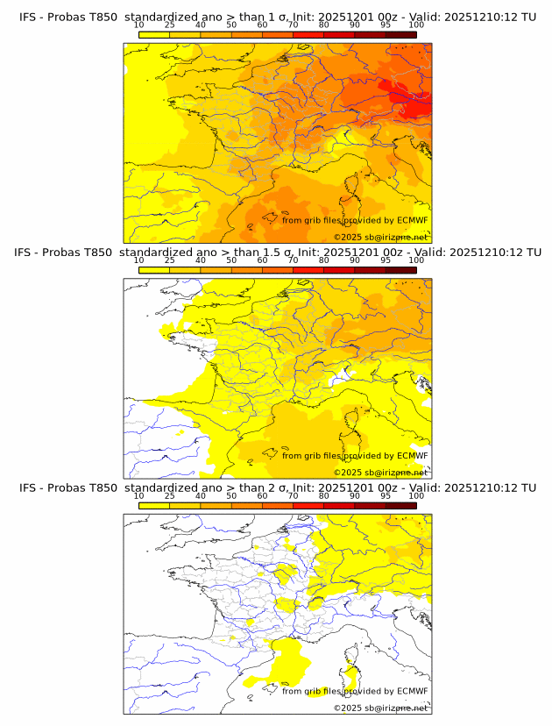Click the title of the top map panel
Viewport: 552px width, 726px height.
tap(277, 16)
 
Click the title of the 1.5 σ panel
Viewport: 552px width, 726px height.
tap(277, 252)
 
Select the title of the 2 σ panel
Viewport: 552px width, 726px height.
tap(277, 488)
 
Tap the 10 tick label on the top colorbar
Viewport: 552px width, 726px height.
tap(139, 25)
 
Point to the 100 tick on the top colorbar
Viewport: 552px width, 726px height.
tap(416, 25)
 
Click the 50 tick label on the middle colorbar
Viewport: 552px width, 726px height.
tap(231, 260)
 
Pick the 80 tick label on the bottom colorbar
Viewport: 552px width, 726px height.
tap(324, 496)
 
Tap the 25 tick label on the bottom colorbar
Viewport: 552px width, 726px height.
tap(170, 496)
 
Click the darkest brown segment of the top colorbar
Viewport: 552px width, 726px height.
tap(400, 34)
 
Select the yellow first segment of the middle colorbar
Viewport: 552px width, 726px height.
tap(154, 270)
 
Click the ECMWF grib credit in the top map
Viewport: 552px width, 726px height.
tap(355, 220)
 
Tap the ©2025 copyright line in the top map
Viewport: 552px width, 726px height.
tap(380, 237)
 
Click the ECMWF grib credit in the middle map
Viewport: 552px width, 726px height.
tap(355, 455)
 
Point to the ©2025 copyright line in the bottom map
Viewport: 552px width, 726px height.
tap(380, 708)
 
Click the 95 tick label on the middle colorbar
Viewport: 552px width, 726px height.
tap(386, 260)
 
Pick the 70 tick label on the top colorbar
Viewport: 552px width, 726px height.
tap(293, 25)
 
